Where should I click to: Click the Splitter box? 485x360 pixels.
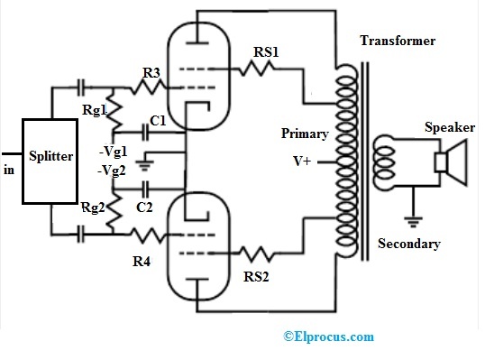pos(50,157)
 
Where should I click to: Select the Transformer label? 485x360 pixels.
pos(398,42)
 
